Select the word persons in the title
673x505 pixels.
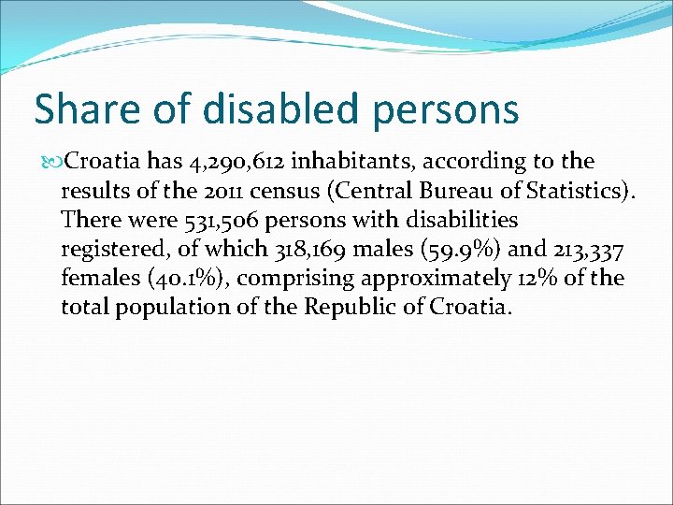(445, 108)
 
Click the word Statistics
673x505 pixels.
(579, 191)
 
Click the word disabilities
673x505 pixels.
(456, 221)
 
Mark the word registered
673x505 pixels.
(109, 250)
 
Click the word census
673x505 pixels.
(313, 191)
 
